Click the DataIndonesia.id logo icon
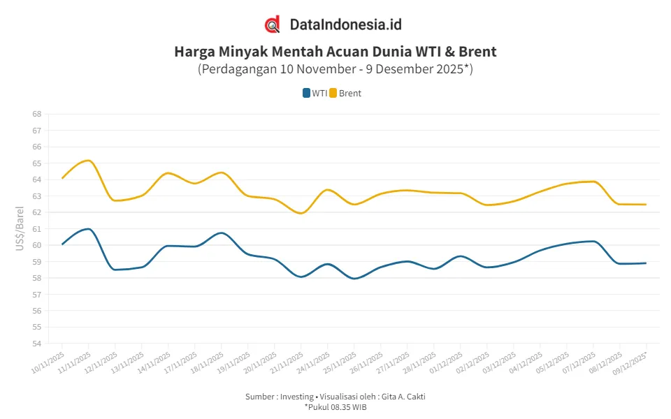pyautogui.click(x=273, y=24)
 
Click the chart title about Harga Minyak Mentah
pyautogui.click(x=335, y=52)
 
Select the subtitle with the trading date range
pyautogui.click(x=335, y=69)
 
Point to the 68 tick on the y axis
pyautogui.click(x=36, y=114)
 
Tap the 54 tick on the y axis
pyautogui.click(x=36, y=344)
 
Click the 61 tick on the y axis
pyautogui.click(x=36, y=228)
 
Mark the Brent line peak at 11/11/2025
pyautogui.click(x=88, y=160)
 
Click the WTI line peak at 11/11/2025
pyautogui.click(x=88, y=228)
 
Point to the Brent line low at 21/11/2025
pyautogui.click(x=301, y=213)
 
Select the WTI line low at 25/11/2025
pyautogui.click(x=354, y=279)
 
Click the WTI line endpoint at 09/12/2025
pyautogui.click(x=646, y=263)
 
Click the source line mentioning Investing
pyautogui.click(x=335, y=397)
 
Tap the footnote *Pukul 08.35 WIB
pyautogui.click(x=335, y=406)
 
